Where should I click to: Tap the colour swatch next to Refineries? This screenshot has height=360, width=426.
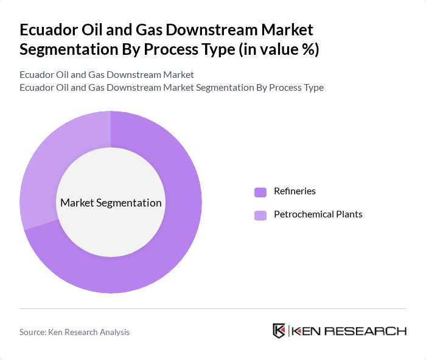click(260, 192)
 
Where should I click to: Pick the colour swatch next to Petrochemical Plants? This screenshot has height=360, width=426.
click(260, 215)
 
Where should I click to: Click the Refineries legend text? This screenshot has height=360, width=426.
click(295, 191)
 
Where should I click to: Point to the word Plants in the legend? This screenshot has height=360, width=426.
click(349, 214)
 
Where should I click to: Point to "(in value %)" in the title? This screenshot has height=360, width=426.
click(277, 49)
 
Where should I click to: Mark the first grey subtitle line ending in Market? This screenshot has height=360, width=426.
click(106, 75)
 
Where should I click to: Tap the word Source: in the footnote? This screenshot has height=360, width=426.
click(33, 332)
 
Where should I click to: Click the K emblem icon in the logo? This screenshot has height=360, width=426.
click(279, 331)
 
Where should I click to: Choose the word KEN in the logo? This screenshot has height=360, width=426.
click(307, 331)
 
